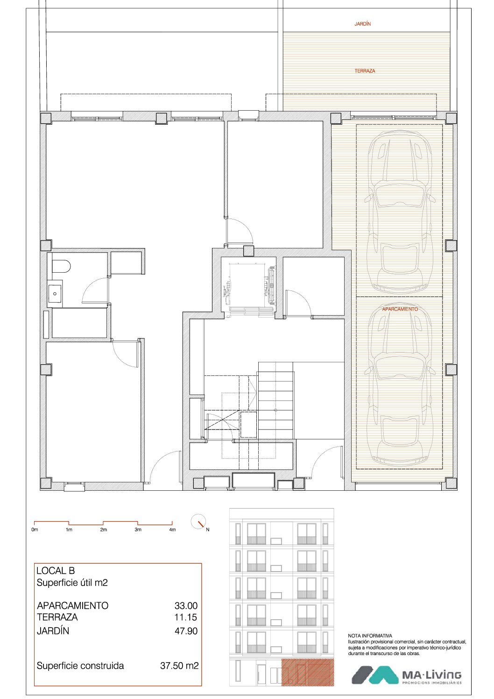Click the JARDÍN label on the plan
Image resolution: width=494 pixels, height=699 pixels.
362,24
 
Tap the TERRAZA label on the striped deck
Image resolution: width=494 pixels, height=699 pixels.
365,71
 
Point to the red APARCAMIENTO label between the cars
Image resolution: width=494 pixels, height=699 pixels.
400,309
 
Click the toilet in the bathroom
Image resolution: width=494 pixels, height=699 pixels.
61,266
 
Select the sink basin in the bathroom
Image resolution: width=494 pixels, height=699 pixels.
55,294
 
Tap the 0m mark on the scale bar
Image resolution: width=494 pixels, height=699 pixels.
35,530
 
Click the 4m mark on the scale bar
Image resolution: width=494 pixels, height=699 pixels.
172,530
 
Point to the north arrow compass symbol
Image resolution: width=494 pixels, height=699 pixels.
199,522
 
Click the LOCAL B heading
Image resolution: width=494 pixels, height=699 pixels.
56,571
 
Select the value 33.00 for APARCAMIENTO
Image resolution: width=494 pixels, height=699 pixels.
186,606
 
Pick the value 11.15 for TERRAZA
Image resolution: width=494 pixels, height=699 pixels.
186,617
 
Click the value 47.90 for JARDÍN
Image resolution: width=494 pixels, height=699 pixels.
186,631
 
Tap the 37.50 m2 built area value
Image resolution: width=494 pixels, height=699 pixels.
179,665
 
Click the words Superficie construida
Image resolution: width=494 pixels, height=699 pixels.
80,665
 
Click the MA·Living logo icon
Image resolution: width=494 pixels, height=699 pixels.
375,675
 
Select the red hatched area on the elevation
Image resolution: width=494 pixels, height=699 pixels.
308,672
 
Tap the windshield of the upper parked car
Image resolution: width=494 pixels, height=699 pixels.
400,195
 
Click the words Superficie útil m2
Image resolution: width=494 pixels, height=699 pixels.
72,583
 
